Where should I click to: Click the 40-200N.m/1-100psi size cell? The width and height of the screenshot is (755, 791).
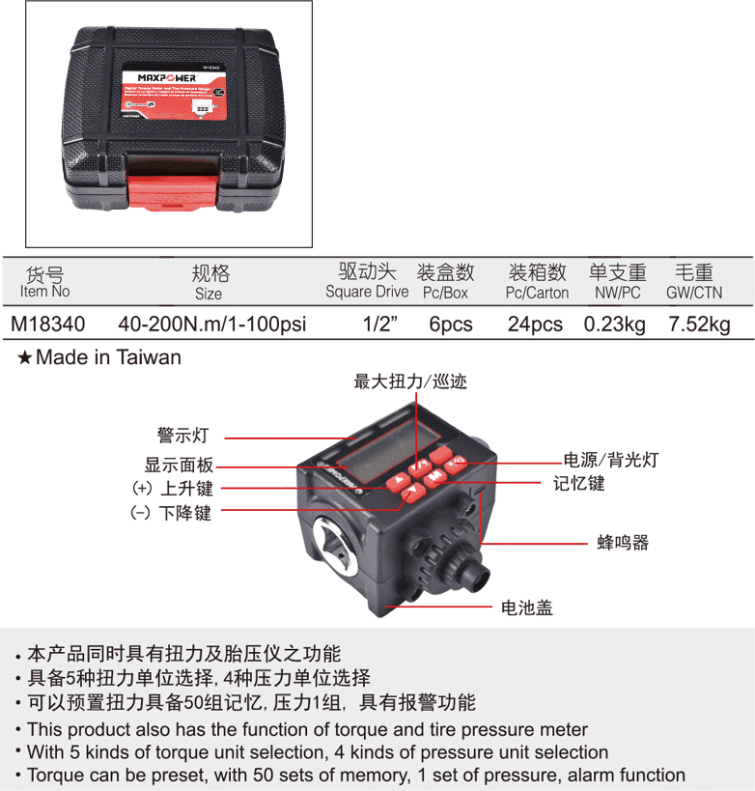click(210, 324)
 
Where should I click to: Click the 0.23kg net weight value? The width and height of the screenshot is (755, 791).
click(615, 324)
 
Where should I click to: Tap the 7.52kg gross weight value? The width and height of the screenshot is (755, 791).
click(699, 324)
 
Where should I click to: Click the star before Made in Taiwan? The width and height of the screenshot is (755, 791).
click(25, 358)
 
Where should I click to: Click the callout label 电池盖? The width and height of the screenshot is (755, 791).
click(526, 607)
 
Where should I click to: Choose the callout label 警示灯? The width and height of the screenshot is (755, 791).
click(182, 436)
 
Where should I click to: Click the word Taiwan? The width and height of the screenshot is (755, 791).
click(149, 357)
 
